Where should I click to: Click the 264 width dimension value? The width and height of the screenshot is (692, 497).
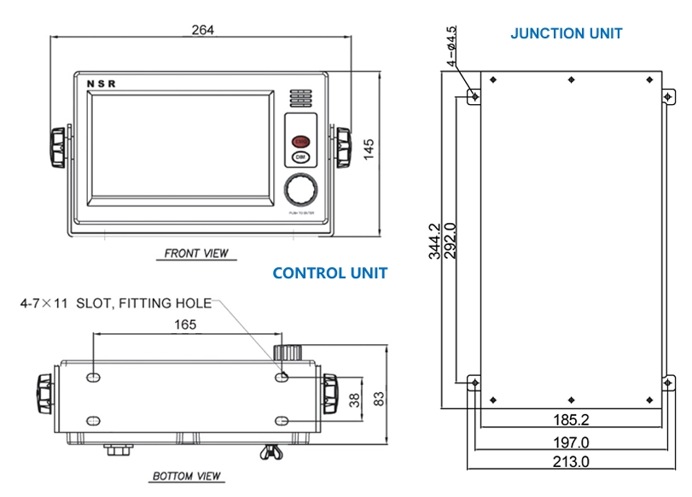click(202, 30)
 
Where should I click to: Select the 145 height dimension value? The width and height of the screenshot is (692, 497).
click(369, 149)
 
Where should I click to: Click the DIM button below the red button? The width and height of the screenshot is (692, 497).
click(300, 157)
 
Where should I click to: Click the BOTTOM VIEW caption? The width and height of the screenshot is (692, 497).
click(186, 476)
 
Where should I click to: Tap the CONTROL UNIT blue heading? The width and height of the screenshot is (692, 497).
click(329, 273)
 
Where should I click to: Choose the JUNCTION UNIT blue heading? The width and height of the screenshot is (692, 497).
click(566, 34)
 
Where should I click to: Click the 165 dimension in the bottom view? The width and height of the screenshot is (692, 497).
click(185, 325)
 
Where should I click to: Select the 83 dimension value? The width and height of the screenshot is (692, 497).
click(379, 397)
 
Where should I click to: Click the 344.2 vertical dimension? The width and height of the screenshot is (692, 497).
click(434, 241)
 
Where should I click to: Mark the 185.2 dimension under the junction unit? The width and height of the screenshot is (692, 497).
click(571, 419)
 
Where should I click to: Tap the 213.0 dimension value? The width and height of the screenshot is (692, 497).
click(571, 461)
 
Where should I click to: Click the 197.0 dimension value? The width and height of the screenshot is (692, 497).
click(571, 441)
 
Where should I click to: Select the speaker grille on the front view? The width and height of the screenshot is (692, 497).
click(300, 97)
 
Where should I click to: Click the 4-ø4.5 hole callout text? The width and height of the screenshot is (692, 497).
click(452, 47)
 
